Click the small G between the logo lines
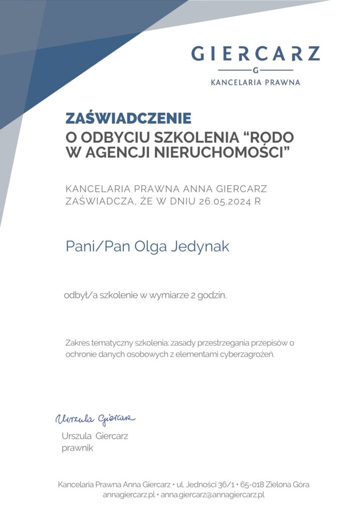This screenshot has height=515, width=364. [x=255, y=70]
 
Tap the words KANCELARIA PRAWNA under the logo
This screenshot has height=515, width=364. [x=255, y=82]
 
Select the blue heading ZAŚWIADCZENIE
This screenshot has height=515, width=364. [x=129, y=119]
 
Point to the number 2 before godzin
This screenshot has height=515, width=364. [x=194, y=296]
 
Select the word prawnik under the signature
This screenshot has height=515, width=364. [x=77, y=448]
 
